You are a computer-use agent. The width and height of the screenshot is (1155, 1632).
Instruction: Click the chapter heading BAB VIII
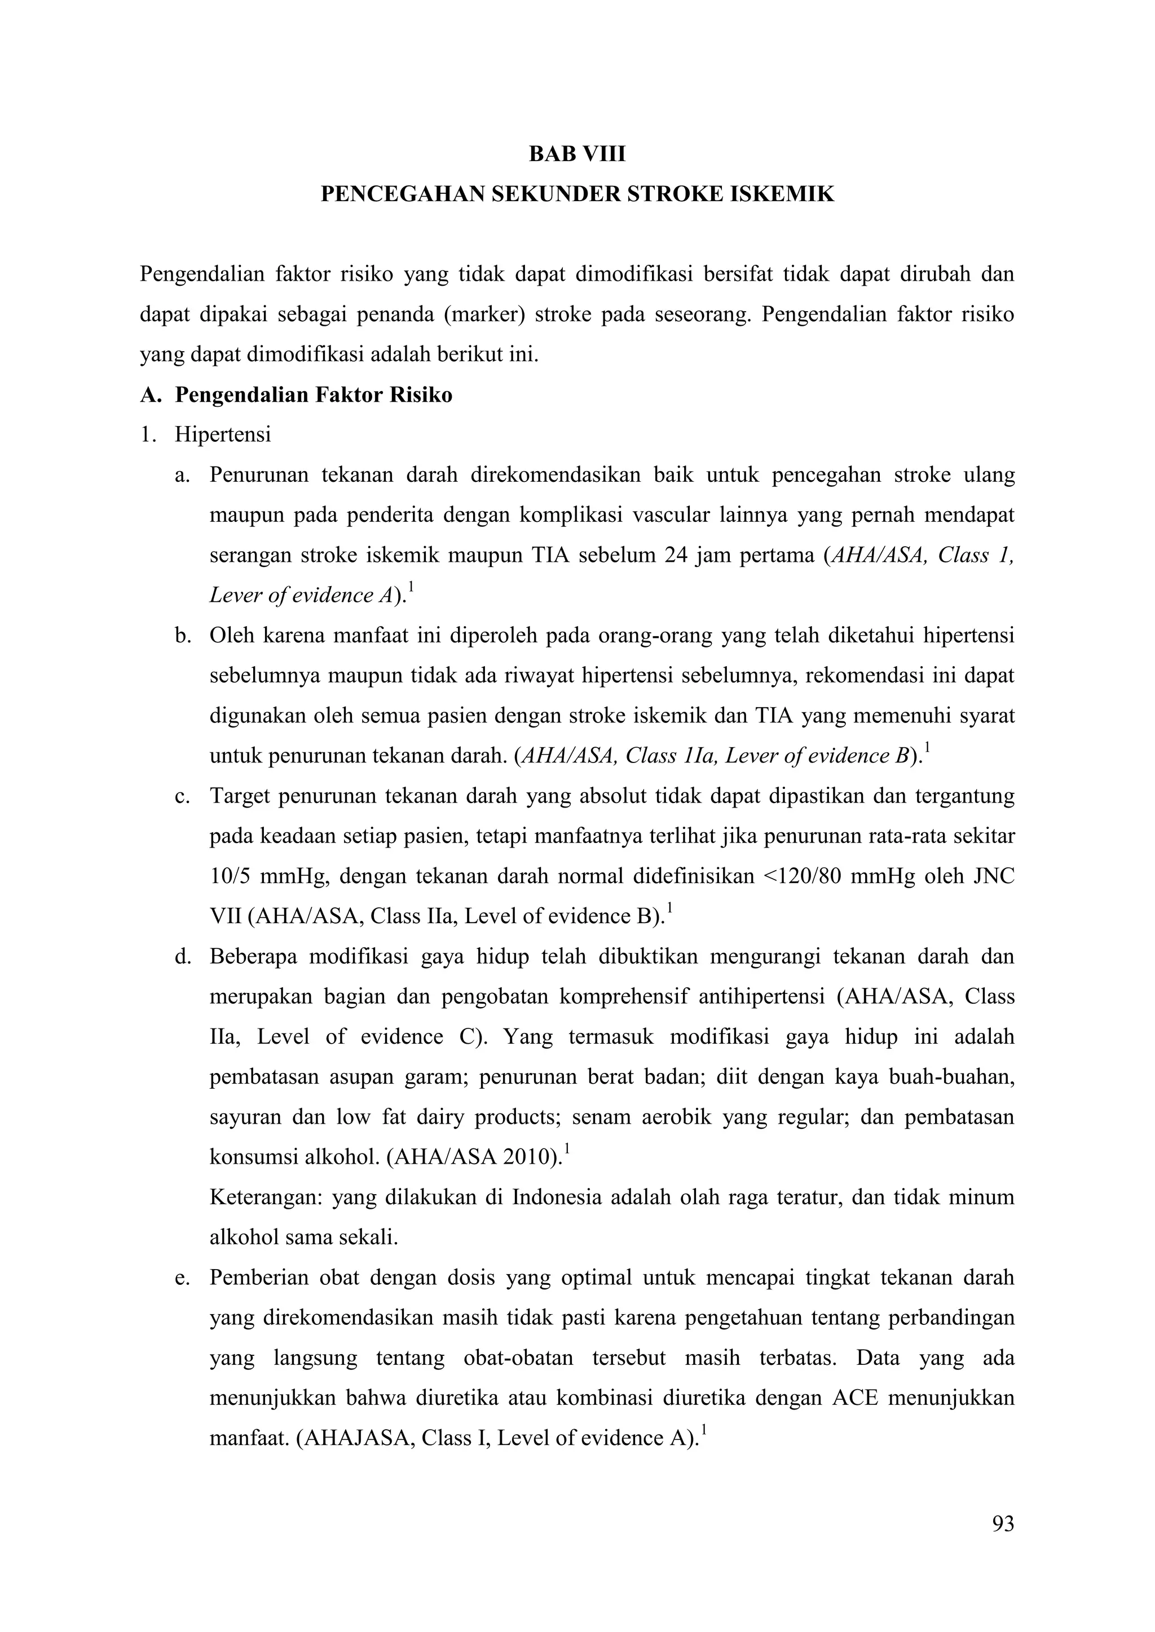pyautogui.click(x=577, y=154)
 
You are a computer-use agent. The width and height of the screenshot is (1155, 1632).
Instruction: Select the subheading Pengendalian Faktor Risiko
pyautogui.click(x=314, y=394)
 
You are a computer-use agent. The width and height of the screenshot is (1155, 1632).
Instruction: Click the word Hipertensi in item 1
pyautogui.click(x=223, y=434)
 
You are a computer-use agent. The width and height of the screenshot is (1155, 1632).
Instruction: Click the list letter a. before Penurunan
pyautogui.click(x=182, y=475)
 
